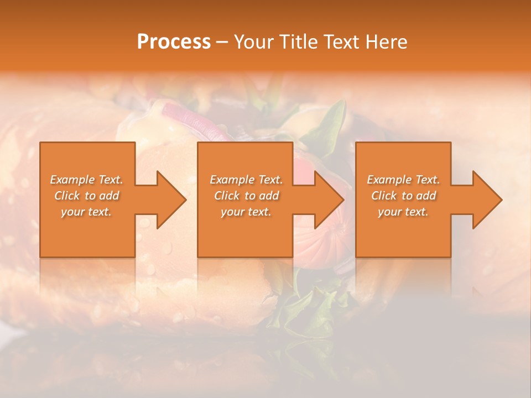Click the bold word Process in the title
click(174, 41)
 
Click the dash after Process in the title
click(222, 43)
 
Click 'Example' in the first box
click(72, 180)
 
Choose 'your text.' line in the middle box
click(246, 212)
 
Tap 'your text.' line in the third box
click(403, 212)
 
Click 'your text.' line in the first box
click(86, 212)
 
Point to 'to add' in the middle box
click(262, 196)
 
